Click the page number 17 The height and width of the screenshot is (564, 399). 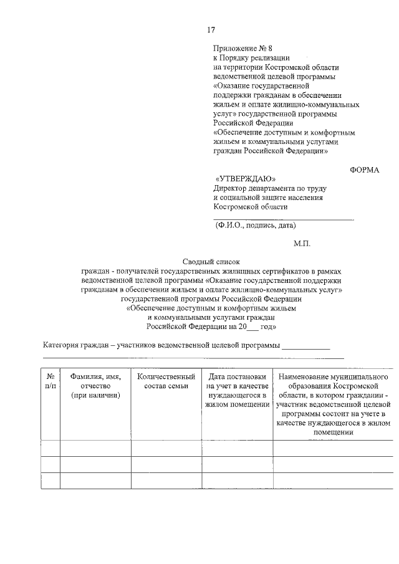coord(211,30)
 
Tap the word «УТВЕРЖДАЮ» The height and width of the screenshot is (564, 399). coord(245,178)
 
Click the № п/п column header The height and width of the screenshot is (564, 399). coord(50,381)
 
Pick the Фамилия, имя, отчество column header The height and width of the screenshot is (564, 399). coord(95,386)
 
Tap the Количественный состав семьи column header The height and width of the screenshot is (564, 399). coord(166,381)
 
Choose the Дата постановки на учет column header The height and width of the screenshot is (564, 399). coord(238,390)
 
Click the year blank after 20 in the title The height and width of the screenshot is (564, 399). coord(252,326)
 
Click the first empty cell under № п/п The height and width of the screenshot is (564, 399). coord(50,448)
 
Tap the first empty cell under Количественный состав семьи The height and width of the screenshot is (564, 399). coord(166,448)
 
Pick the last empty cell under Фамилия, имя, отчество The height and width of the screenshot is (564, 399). coord(95,480)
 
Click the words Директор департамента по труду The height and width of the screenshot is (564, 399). coord(269,188)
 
